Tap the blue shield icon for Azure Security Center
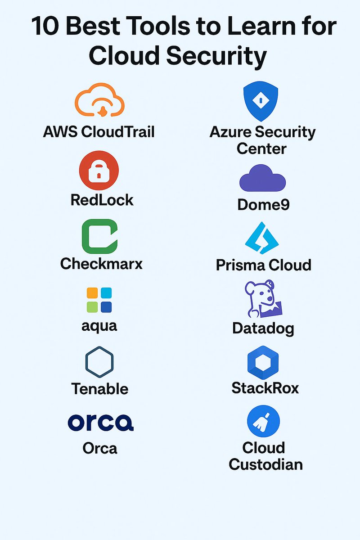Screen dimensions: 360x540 (261, 101)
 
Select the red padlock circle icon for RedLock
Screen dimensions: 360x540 (99, 171)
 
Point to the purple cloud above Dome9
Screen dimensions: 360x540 (262, 179)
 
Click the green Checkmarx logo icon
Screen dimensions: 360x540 (99, 237)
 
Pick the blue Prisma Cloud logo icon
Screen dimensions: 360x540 (262, 238)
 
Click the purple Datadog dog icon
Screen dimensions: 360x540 (265, 299)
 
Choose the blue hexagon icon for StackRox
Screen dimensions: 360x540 (263, 364)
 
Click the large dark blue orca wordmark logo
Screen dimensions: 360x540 (100, 422)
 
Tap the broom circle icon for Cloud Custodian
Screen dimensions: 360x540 (264, 422)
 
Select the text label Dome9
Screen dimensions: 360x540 (263, 205)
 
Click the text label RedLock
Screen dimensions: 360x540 (102, 200)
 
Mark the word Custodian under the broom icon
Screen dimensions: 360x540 (265, 464)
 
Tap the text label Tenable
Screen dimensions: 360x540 (100, 388)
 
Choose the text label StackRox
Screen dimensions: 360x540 (265, 387)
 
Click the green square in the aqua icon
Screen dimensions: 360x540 (92, 307)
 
